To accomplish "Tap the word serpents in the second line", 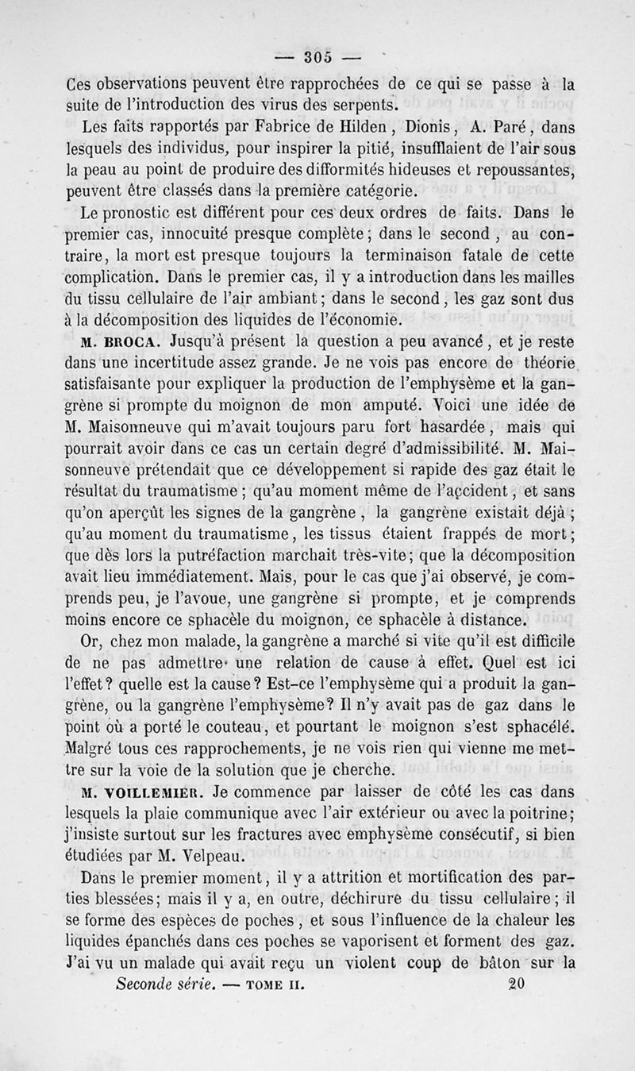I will (x=352, y=104).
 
